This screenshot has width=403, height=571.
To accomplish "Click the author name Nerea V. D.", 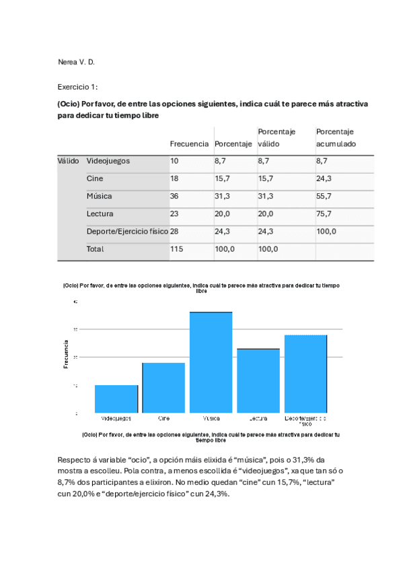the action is tap(76, 62).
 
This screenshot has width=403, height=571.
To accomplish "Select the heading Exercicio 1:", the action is tap(78, 87).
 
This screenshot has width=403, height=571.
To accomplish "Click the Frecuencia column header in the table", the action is tap(189, 144).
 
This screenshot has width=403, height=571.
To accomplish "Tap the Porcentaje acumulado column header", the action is tap(336, 138).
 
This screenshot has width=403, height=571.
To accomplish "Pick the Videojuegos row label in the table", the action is tap(108, 161).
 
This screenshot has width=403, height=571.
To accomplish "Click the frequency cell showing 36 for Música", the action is tap(175, 196).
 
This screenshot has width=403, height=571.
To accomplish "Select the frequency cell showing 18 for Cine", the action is tap(175, 178).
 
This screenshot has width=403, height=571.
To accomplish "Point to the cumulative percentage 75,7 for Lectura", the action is tap(326, 213).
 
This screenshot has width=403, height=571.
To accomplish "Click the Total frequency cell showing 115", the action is tap(178, 248).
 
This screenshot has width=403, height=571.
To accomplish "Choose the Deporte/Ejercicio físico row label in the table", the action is tap(127, 231).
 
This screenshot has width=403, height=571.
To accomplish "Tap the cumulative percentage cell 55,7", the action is tap(326, 196).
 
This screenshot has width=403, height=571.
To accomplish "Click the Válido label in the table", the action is tap(68, 161).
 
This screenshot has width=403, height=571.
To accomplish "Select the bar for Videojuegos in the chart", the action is tap(116, 399).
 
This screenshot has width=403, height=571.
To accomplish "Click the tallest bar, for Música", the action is tap(211, 362).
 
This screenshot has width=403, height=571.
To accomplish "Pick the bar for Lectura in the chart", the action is tap(258, 380).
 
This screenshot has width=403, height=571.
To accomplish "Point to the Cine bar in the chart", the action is tap(163, 387).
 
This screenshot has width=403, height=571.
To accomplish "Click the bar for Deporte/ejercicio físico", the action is tap(305, 373).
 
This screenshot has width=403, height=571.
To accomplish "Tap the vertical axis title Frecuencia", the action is tap(66, 355).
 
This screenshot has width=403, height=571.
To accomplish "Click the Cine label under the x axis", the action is tap(163, 418).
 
